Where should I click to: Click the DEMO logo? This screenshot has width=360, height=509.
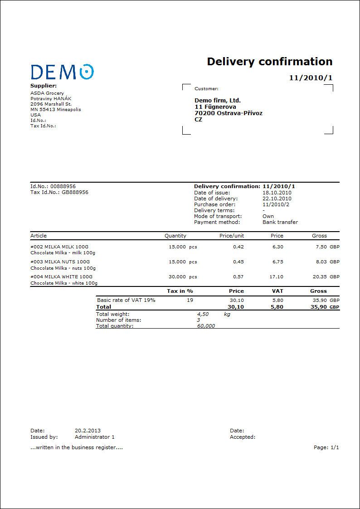point(62,72)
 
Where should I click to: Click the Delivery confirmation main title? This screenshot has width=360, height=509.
point(270,62)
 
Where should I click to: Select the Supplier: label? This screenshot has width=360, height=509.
point(44,86)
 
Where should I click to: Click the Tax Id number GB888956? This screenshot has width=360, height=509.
point(75,192)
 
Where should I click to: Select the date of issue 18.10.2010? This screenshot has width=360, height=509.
point(277,193)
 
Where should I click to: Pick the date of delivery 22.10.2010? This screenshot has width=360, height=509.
point(277,199)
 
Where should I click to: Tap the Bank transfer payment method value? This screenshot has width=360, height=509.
point(280,222)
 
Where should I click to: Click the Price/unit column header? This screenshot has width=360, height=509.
point(232,236)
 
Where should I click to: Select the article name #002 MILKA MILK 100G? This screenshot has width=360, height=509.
point(59,247)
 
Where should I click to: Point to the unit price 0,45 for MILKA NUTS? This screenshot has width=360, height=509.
point(238,262)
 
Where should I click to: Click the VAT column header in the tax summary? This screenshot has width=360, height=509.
point(277,291)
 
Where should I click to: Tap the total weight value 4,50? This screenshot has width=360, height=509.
point(203,314)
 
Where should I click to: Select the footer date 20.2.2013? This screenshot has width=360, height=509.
point(88,431)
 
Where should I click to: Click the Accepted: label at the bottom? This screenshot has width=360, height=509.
point(243,437)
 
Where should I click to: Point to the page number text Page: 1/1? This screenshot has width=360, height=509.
point(326,447)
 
